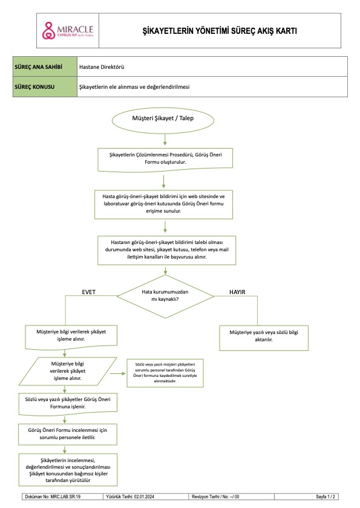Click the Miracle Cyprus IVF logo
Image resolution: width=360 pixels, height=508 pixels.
pos(68,31)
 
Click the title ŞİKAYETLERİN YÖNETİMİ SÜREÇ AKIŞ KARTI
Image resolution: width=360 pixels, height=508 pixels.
pos(220,31)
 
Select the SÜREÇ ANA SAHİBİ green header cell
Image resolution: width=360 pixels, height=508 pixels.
pos(45,66)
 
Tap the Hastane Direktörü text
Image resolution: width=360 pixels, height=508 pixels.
pos(102,67)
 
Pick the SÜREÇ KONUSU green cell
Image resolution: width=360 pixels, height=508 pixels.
pos(45,87)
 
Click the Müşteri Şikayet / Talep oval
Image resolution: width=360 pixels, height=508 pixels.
pos(163,120)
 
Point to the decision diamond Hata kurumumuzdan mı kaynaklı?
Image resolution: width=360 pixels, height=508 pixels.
pos(165,296)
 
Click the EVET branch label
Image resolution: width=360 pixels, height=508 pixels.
pos(88,292)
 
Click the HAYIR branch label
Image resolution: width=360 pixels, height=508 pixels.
pos(237,292)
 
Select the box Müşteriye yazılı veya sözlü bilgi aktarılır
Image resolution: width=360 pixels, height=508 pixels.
pos(264,338)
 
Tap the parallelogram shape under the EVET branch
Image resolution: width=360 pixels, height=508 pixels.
pos(68,371)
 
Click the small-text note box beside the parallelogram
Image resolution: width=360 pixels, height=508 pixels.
pos(165,373)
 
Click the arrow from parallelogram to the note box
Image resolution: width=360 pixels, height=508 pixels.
pos(118,373)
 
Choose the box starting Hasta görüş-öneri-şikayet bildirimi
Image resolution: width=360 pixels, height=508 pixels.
pos(163,204)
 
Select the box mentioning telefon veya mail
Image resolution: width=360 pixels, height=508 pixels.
pos(166,250)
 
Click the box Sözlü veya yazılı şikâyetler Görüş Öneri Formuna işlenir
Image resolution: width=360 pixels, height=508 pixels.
pos(68,404)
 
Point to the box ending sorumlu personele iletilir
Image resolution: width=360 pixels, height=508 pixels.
pos(68,434)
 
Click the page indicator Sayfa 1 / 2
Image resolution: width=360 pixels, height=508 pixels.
pos(326,497)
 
